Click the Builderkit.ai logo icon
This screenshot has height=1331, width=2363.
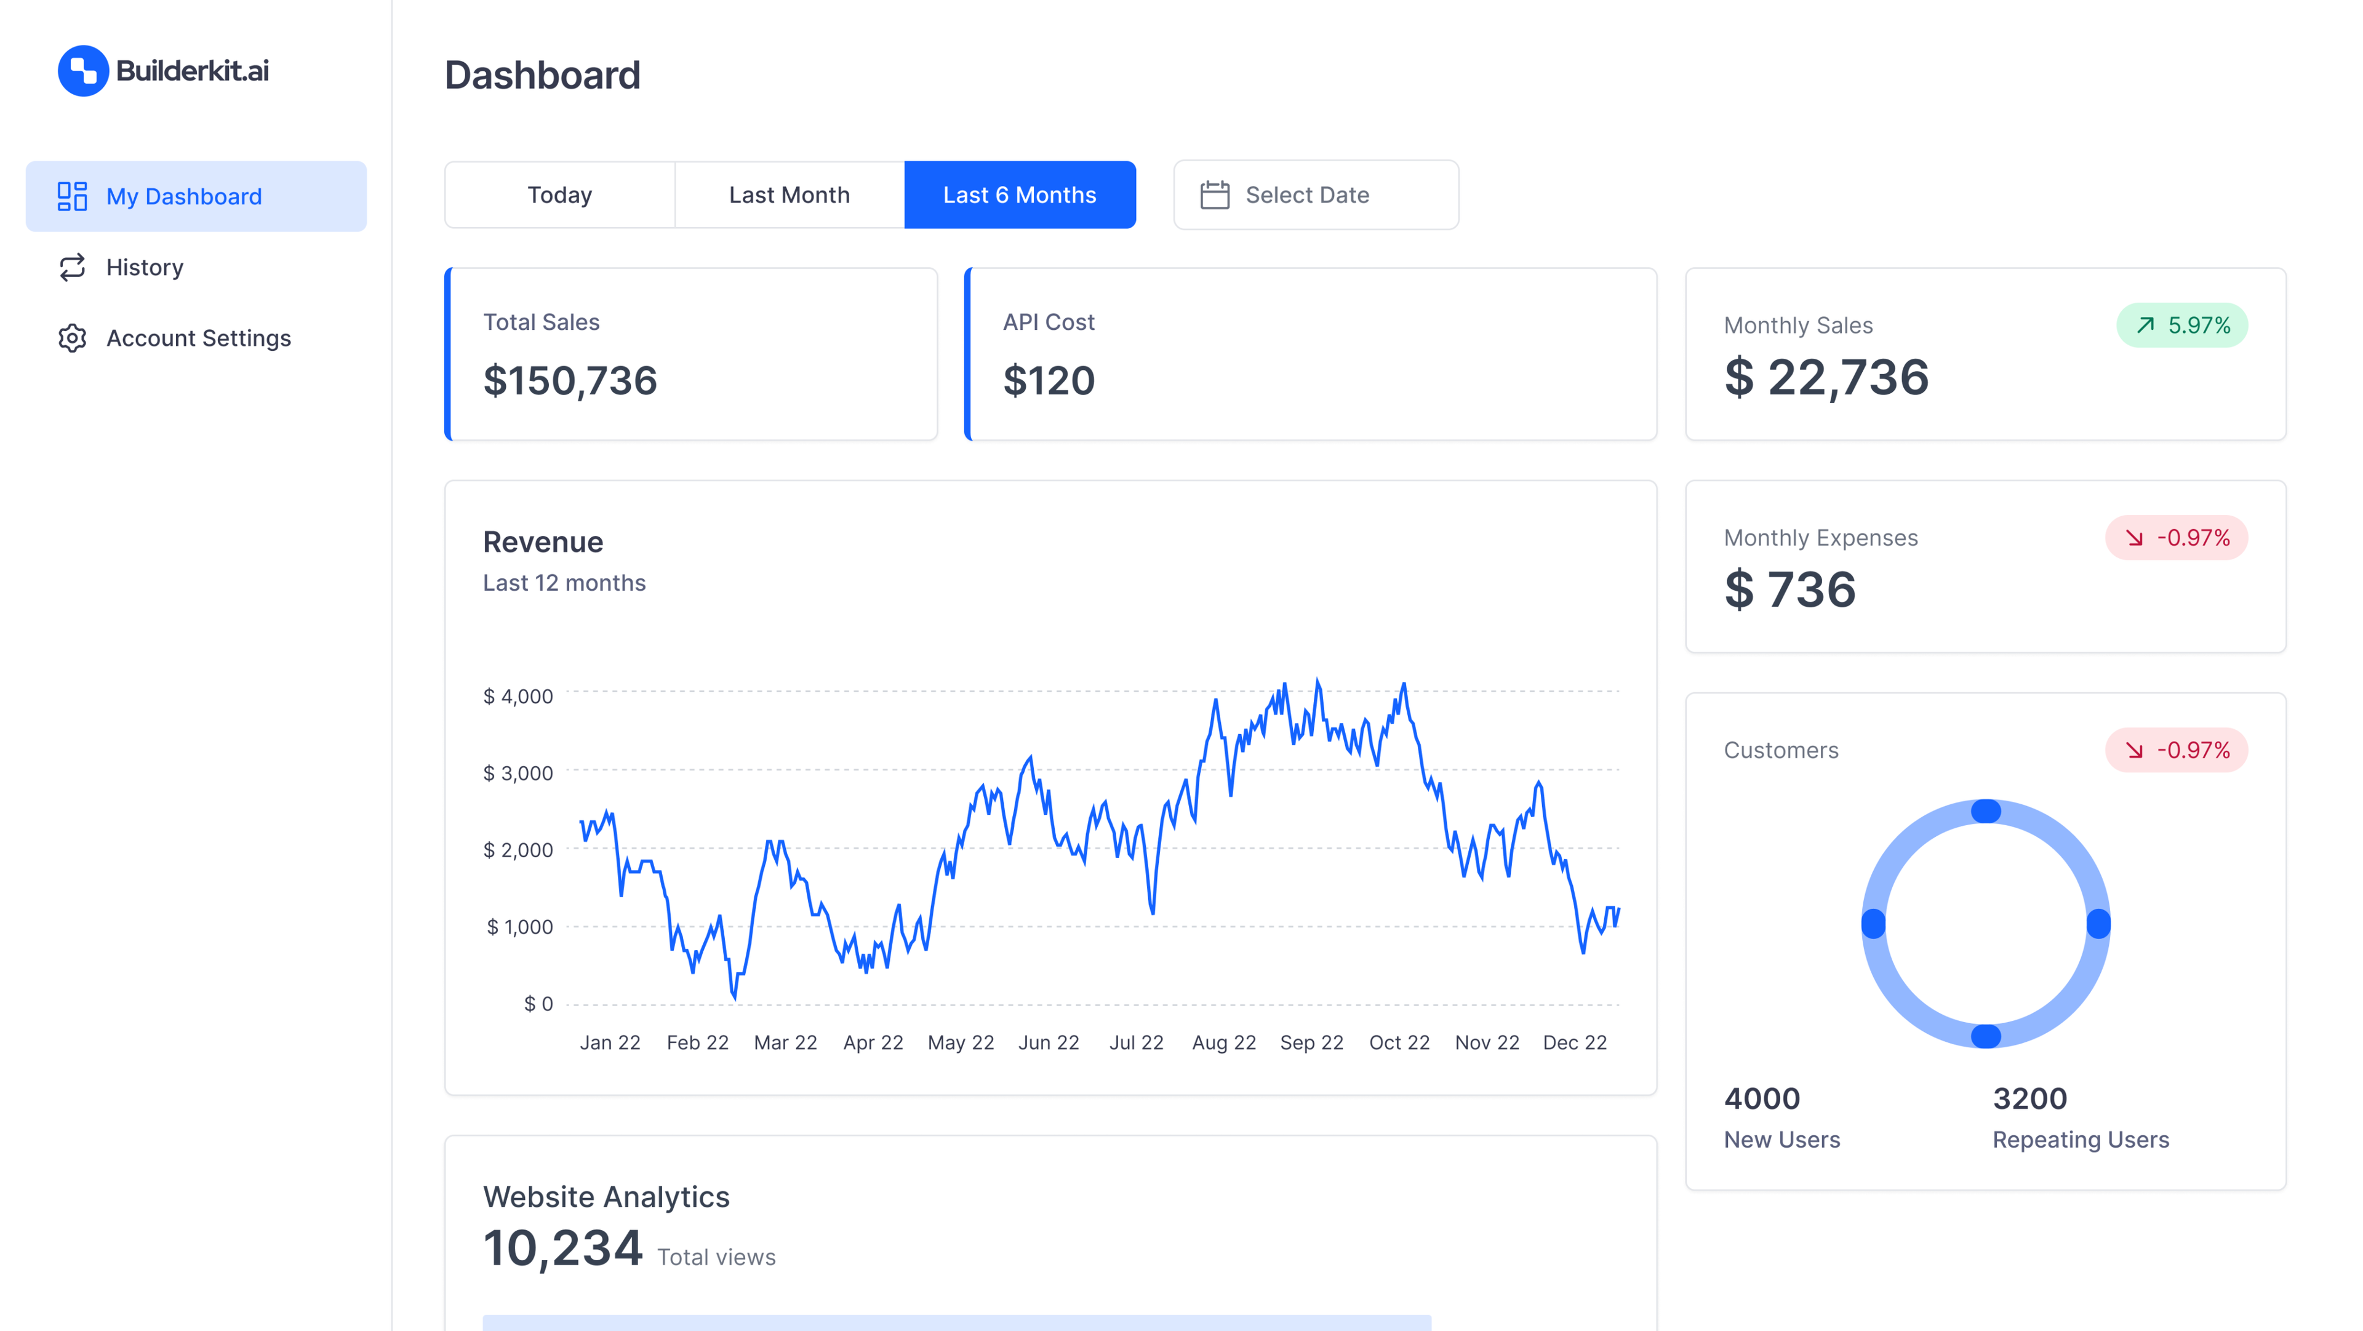(x=82, y=71)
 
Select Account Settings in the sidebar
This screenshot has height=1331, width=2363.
(x=198, y=338)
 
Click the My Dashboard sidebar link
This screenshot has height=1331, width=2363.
(x=183, y=196)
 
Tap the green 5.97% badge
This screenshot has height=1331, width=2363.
(x=2181, y=326)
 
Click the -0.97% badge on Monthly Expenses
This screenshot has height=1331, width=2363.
(x=2176, y=538)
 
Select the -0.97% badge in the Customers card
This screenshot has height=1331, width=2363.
(x=2176, y=750)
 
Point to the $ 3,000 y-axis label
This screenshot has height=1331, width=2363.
(x=518, y=773)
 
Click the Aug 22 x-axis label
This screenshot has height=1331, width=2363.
(x=1224, y=1043)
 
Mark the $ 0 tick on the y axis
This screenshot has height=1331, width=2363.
(x=538, y=1004)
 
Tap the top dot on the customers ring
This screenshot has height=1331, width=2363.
(x=1985, y=811)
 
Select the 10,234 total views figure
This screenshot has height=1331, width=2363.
(x=562, y=1249)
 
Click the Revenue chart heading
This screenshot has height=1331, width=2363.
(x=543, y=542)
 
